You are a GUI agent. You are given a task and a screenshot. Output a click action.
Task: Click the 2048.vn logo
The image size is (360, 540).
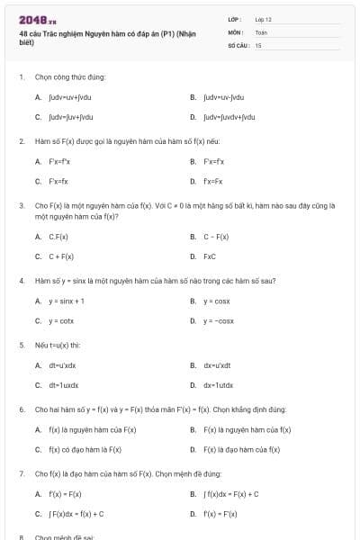38,19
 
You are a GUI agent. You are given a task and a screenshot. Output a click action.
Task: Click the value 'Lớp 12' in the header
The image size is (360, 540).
263,19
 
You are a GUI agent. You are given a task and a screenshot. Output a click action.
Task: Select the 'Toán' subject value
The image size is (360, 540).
261,31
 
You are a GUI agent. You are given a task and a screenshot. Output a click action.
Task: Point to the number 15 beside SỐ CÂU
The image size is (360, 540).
258,44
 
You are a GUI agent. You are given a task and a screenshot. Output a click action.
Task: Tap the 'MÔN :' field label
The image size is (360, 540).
236,31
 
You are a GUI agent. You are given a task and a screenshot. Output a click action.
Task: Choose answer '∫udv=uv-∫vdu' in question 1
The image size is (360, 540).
223,97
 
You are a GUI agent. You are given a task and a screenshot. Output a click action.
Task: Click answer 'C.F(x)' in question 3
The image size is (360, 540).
58,237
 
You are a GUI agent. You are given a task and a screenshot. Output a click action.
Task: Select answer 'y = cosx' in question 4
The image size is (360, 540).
216,301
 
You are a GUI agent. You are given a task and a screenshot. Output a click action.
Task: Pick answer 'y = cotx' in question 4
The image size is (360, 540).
61,321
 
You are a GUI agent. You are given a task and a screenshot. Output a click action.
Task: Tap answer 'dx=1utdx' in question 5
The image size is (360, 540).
218,386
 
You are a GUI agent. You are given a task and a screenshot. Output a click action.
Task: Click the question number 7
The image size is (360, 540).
22,473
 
